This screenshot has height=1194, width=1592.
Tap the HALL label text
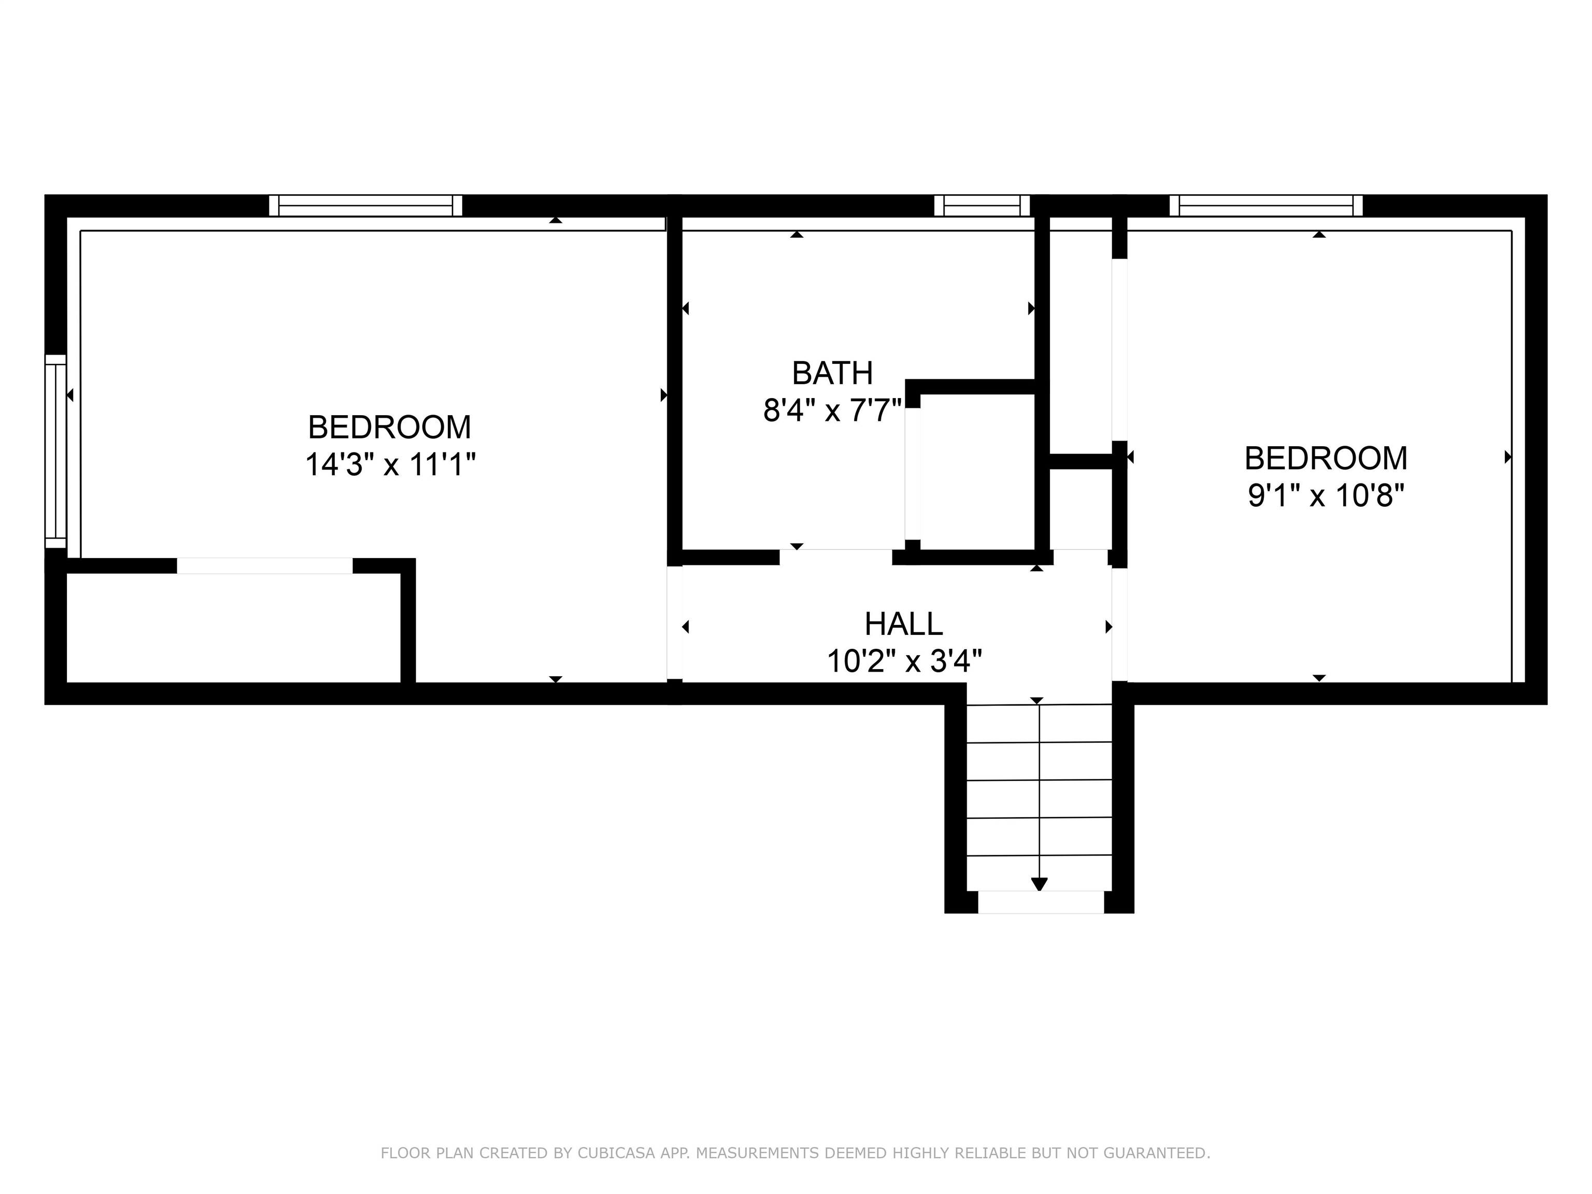903,624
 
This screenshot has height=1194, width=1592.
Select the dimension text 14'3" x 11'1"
390,464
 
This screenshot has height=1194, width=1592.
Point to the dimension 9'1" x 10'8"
1326,496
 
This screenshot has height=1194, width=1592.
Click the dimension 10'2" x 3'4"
904,661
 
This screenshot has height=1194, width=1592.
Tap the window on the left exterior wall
55,451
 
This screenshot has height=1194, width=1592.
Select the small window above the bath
982,206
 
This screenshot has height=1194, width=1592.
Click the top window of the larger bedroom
366,206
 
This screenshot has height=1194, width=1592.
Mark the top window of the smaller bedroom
1265,206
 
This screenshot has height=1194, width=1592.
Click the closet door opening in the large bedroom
264,566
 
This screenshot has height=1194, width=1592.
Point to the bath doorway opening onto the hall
835,557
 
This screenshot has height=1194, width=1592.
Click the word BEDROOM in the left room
389,428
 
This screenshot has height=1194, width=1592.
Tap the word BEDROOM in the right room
1326,459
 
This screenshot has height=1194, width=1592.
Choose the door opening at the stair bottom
1040,902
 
